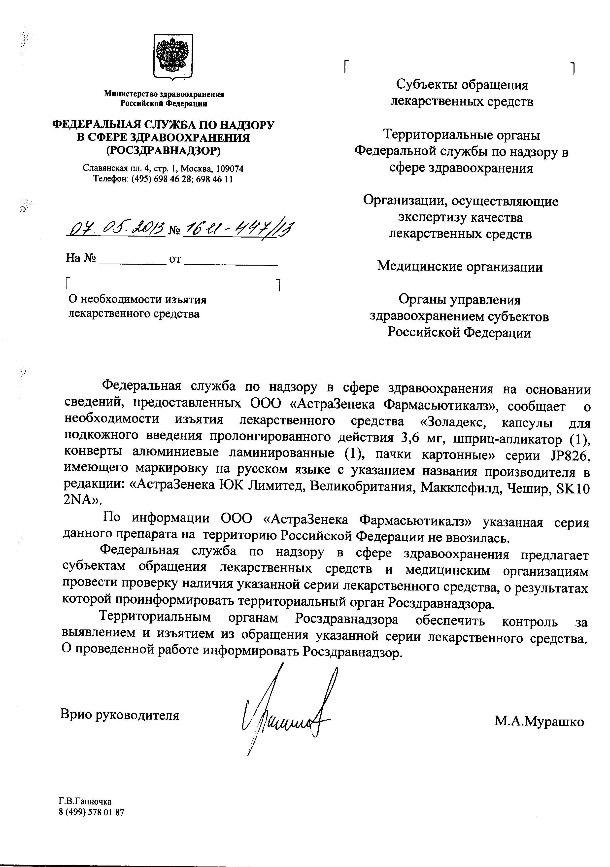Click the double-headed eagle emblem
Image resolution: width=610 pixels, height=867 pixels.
tap(173, 57)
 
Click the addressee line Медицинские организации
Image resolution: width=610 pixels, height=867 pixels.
tap(460, 267)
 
